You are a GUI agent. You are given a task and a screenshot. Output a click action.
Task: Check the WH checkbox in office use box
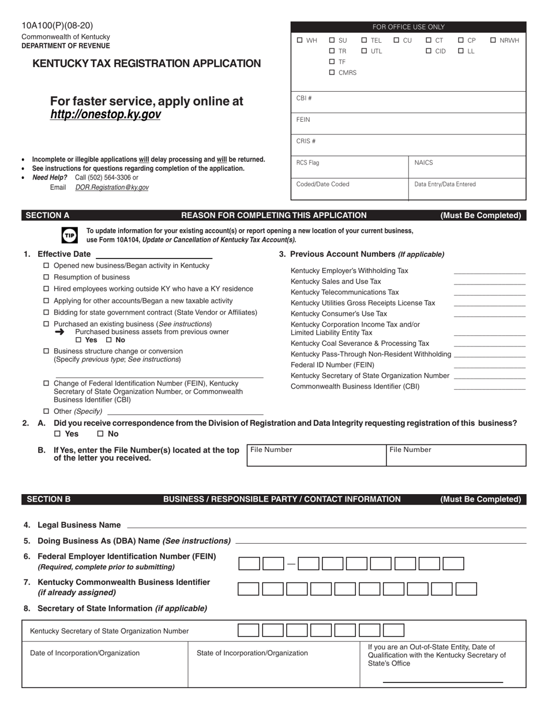(x=299, y=40)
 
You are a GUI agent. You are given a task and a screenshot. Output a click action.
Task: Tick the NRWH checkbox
(x=493, y=40)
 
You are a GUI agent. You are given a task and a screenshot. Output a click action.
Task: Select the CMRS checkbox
(x=332, y=73)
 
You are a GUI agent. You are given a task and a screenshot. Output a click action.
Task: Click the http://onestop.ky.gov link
(x=105, y=115)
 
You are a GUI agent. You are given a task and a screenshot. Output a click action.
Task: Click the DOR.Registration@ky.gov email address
(x=112, y=188)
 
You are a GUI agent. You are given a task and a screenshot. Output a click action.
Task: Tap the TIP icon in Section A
(x=69, y=235)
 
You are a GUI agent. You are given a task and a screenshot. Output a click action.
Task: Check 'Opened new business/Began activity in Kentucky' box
(x=47, y=266)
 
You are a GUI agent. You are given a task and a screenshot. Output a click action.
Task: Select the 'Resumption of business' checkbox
(x=47, y=278)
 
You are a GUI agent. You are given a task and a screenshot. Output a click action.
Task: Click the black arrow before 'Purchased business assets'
(x=60, y=332)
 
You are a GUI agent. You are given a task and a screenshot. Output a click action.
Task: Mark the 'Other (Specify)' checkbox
(x=47, y=412)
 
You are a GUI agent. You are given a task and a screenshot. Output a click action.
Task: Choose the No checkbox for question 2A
(x=100, y=434)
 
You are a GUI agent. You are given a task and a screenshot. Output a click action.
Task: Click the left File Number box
(x=316, y=456)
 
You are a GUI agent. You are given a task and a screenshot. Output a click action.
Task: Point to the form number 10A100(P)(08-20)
(x=57, y=25)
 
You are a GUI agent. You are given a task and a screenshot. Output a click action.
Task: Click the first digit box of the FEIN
(x=249, y=564)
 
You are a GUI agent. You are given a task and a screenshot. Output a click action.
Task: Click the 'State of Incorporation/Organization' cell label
(x=252, y=653)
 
